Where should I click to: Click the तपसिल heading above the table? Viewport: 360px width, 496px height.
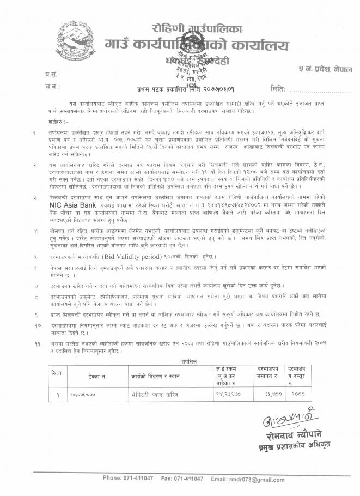(x=179, y=360)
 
